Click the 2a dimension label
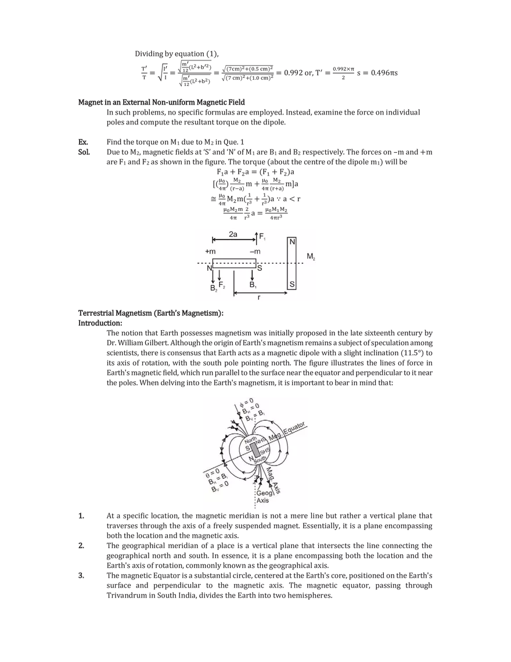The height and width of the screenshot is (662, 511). [x=233, y=234]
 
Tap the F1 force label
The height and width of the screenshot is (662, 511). [x=262, y=237]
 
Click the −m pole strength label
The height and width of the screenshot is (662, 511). [x=254, y=251]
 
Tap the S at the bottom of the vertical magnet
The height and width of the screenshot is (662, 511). [x=292, y=284]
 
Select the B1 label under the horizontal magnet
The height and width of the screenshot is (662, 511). [x=253, y=285]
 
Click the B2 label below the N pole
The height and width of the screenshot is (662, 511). [x=213, y=287]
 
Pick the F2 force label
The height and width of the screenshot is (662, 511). [x=222, y=284]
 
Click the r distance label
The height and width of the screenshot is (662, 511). [x=260, y=298]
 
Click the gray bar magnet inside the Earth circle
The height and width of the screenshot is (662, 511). [x=254, y=452]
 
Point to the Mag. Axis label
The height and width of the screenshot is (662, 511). [x=276, y=481]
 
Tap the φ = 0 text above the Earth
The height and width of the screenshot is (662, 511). [x=247, y=400]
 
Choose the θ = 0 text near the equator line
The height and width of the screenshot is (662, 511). [x=215, y=472]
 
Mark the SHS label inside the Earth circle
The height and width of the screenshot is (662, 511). [x=264, y=451]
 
